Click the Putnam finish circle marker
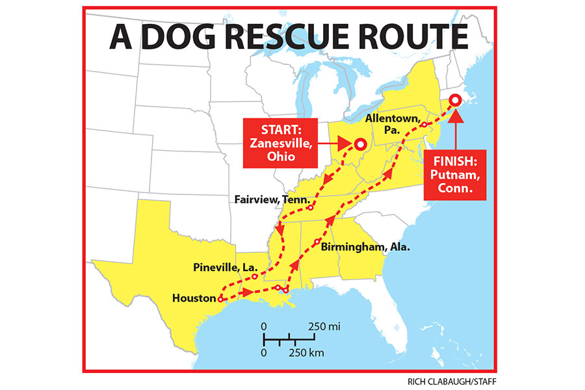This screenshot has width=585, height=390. pos(456,99)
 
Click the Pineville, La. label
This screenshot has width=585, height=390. pos(226,267)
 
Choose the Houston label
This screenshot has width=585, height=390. pos(194,298)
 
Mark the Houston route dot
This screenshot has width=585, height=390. pos(221,299)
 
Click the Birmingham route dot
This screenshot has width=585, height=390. pos(317,242)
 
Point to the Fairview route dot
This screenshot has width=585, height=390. pos(311,208)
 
